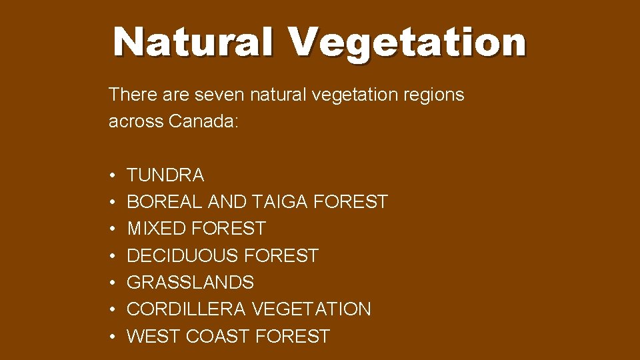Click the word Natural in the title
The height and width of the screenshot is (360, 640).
(x=193, y=41)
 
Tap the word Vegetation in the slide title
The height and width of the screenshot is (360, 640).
(x=407, y=43)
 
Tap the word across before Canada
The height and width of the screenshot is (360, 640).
(x=136, y=121)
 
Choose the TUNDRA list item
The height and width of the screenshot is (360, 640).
(x=165, y=175)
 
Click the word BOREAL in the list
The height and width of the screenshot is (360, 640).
(x=165, y=202)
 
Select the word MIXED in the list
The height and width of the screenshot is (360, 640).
(x=156, y=229)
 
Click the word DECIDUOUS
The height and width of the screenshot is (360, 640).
(x=183, y=256)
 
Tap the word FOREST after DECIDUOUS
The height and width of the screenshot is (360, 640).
(x=281, y=256)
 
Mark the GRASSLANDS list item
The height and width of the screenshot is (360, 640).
(x=190, y=283)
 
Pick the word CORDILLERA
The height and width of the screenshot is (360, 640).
(x=187, y=309)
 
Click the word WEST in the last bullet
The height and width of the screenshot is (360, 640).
(x=153, y=337)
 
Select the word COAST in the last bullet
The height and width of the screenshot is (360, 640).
(x=217, y=337)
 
